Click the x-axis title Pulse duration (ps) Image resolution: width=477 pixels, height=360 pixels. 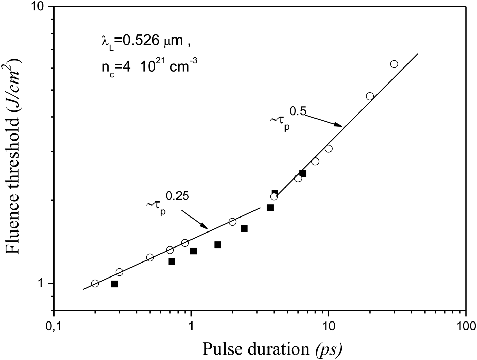click(272, 349)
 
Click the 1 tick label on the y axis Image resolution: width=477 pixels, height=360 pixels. click(42, 284)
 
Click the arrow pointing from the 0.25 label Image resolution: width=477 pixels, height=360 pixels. click(195, 219)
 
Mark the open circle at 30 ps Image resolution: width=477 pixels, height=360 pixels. click(394, 64)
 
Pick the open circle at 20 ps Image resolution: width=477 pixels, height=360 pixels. click(370, 96)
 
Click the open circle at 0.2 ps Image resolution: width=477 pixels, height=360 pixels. click(95, 283)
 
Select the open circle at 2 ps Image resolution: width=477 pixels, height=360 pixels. click(232, 222)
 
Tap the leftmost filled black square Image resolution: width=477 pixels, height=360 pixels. click(114, 284)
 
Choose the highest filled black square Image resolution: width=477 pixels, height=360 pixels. click(303, 173)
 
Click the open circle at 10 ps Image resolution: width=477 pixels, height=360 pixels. click(328, 149)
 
